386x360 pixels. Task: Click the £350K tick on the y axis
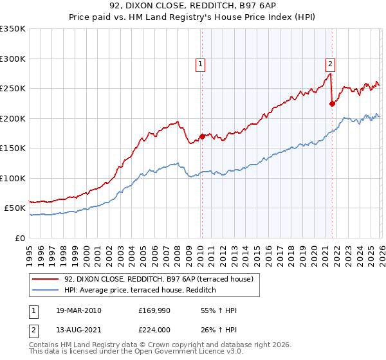pos(13,29)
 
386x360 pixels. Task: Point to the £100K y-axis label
pos(13,178)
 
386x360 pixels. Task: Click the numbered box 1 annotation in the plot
pos(201,64)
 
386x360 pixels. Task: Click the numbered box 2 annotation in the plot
pos(330,64)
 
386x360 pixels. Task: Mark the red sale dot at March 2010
pos(201,136)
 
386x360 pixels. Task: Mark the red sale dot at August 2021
pos(332,104)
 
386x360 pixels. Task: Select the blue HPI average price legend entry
pos(139,291)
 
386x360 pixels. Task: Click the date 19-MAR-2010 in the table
pos(78,310)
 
